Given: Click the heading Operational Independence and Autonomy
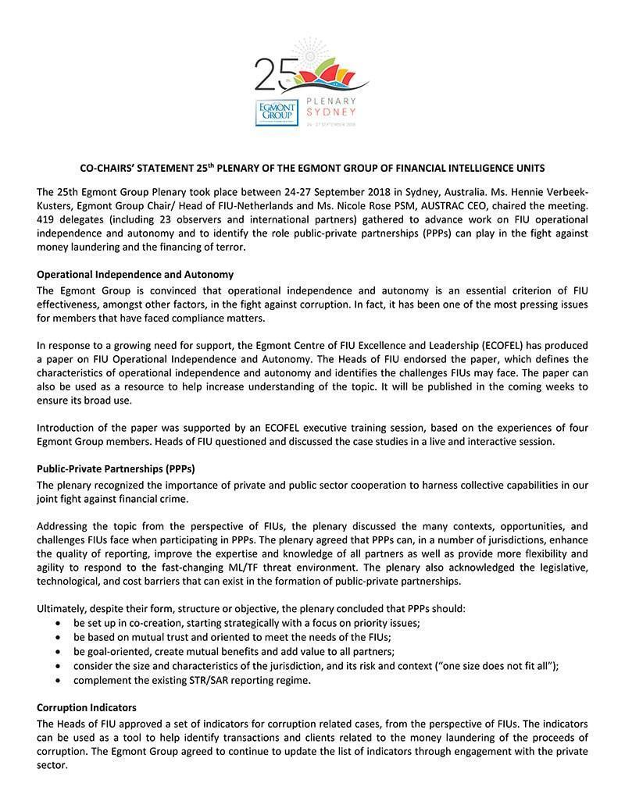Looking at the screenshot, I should [x=135, y=275].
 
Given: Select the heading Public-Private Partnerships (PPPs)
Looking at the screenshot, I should [x=116, y=469].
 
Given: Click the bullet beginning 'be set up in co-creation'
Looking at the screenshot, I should [x=247, y=623].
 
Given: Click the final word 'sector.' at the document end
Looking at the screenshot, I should [x=52, y=765].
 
